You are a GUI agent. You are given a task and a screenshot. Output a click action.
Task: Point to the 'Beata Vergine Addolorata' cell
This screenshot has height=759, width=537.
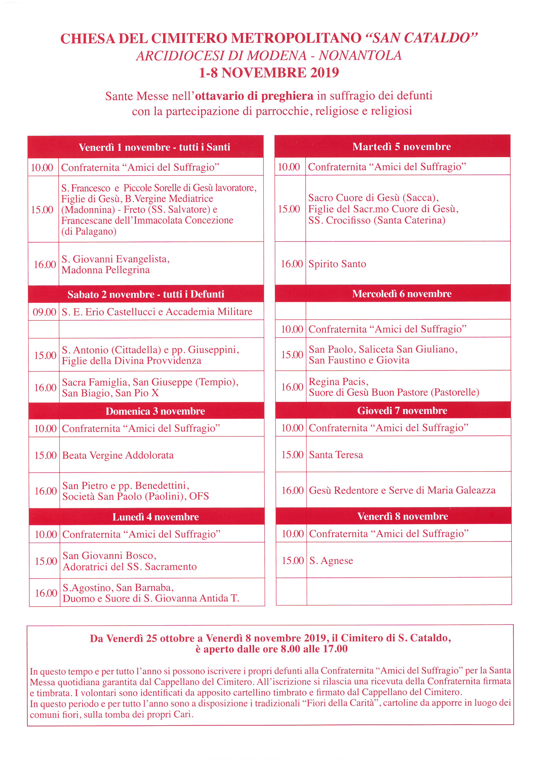point(118,455)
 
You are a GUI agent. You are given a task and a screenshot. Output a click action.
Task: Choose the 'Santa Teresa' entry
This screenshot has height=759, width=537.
point(336,455)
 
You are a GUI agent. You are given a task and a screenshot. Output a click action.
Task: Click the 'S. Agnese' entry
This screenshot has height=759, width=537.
point(331,561)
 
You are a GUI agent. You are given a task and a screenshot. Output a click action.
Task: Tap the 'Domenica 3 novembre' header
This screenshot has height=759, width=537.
point(155,411)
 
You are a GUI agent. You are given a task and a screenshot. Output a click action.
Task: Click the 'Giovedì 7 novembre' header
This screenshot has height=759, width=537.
point(402,411)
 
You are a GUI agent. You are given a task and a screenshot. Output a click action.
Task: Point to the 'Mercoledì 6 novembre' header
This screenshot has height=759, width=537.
point(402,293)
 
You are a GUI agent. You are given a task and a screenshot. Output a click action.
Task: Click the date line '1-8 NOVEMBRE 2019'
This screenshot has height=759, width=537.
point(269,73)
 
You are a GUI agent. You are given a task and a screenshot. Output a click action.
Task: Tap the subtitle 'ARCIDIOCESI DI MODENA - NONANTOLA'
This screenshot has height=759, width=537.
point(269,56)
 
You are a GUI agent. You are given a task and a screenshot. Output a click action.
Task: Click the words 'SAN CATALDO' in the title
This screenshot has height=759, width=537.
point(422,38)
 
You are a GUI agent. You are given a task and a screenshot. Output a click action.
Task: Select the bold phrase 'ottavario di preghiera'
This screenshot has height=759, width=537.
point(254,96)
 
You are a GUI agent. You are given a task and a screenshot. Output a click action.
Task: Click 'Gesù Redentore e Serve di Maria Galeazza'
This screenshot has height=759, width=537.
point(402,490)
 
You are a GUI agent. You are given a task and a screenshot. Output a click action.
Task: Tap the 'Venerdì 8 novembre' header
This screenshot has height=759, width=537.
point(402,516)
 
